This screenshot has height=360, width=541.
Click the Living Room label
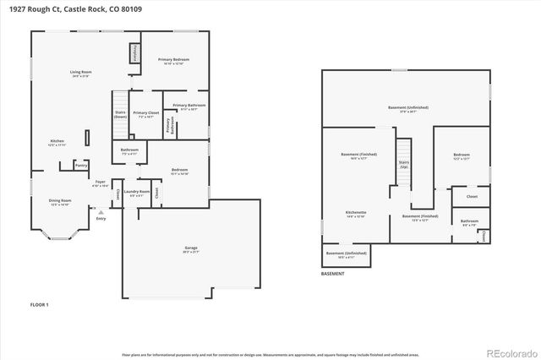coord(80,74)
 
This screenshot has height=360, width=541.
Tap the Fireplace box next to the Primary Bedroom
coord(134,53)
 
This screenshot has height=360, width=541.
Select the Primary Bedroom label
coord(173,61)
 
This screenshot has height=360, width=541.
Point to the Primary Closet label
coord(146,114)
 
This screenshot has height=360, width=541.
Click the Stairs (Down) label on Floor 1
coord(120,114)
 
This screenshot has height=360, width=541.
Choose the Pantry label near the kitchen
coord(81,165)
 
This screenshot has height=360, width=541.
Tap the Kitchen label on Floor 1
coord(57,142)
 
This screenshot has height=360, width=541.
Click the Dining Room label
coord(59,202)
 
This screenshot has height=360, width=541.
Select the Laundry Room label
coord(138,193)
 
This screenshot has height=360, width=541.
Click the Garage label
coord(191,249)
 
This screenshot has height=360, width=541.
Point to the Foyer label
coord(100,183)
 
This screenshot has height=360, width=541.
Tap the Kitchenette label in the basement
coord(355,213)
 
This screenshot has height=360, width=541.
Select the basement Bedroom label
coord(461,156)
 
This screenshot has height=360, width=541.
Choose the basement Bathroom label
coord(468,223)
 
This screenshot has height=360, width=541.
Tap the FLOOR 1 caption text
coord(40,303)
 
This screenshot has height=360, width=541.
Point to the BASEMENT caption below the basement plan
coord(333,275)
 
